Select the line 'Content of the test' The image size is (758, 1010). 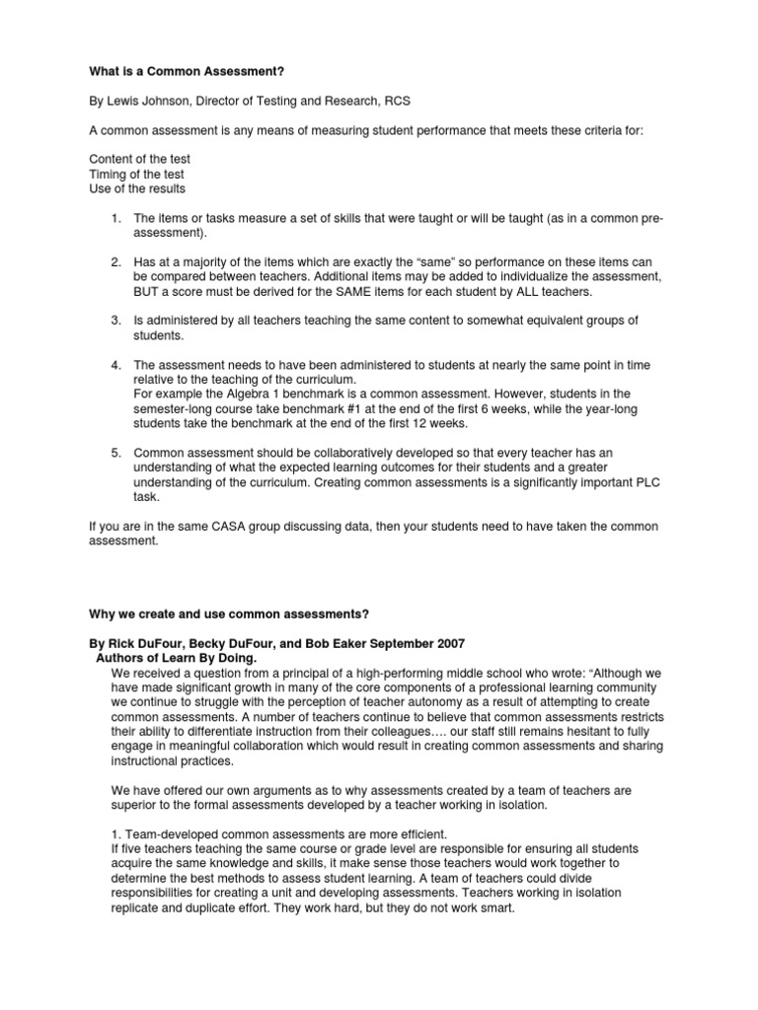(139, 159)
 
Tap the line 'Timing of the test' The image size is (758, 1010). (137, 174)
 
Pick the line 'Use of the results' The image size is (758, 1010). (137, 188)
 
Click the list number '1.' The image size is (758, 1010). (115, 217)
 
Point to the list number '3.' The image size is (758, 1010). (115, 321)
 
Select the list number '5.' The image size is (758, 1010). (115, 453)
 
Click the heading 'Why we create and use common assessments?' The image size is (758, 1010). (229, 613)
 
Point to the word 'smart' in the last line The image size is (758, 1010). (492, 907)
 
